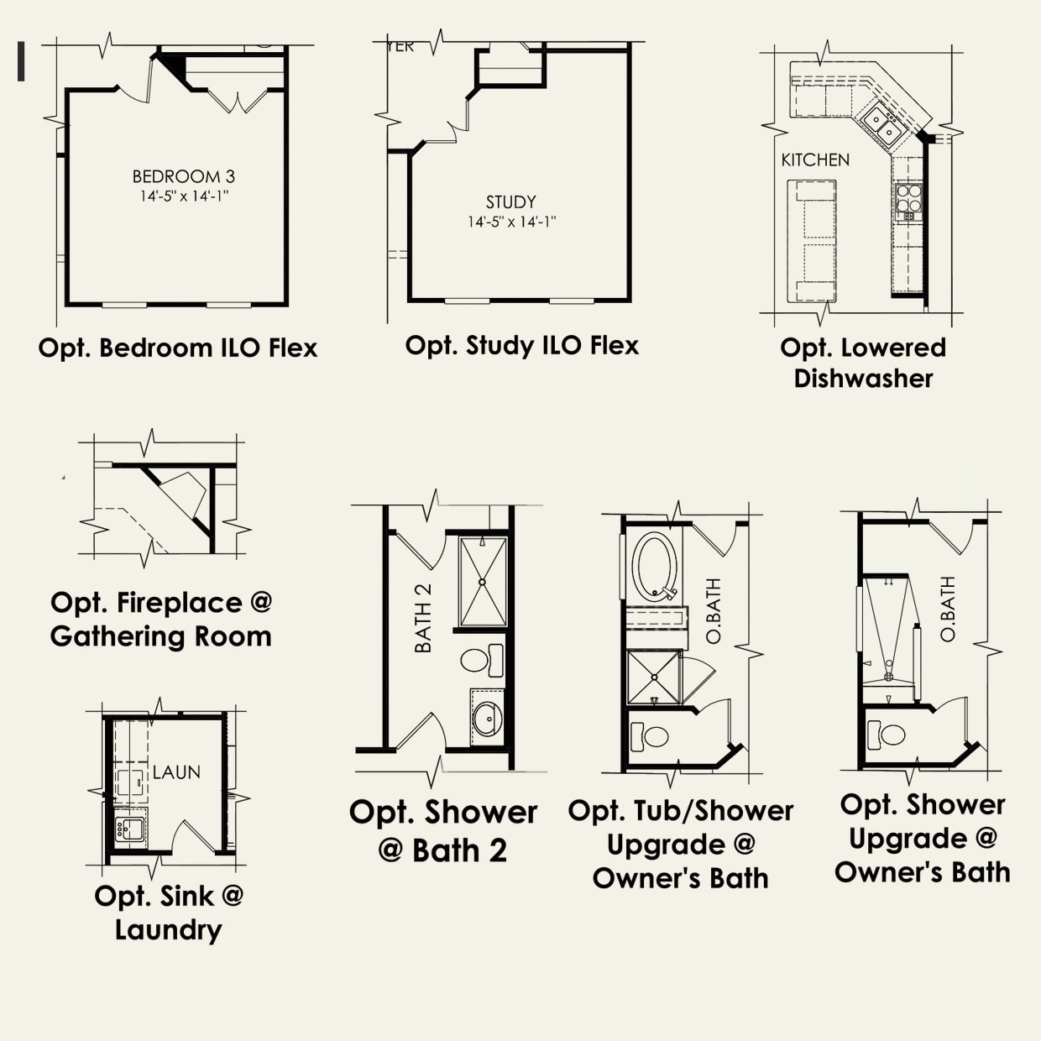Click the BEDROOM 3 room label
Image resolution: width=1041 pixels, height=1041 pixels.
(x=183, y=176)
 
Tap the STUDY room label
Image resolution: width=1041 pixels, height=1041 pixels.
(x=510, y=202)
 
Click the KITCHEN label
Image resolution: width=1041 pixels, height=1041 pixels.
(x=815, y=160)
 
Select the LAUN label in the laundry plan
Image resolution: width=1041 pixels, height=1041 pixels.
(x=176, y=772)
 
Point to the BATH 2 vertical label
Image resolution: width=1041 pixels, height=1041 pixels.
(x=423, y=618)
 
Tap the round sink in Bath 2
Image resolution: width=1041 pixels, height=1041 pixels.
(x=486, y=718)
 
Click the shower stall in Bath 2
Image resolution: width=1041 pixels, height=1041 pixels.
(x=483, y=581)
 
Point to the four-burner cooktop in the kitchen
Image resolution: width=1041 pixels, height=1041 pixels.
(x=908, y=202)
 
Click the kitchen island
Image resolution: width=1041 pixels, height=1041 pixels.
(x=813, y=242)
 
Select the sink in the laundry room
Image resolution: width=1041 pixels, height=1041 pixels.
(x=130, y=830)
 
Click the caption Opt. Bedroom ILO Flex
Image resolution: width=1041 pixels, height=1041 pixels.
(x=178, y=348)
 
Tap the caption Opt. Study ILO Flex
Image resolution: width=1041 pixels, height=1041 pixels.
(x=521, y=345)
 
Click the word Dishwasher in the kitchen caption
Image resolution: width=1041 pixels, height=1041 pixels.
(x=863, y=379)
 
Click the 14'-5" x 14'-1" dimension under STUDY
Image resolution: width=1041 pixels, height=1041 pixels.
(x=512, y=222)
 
